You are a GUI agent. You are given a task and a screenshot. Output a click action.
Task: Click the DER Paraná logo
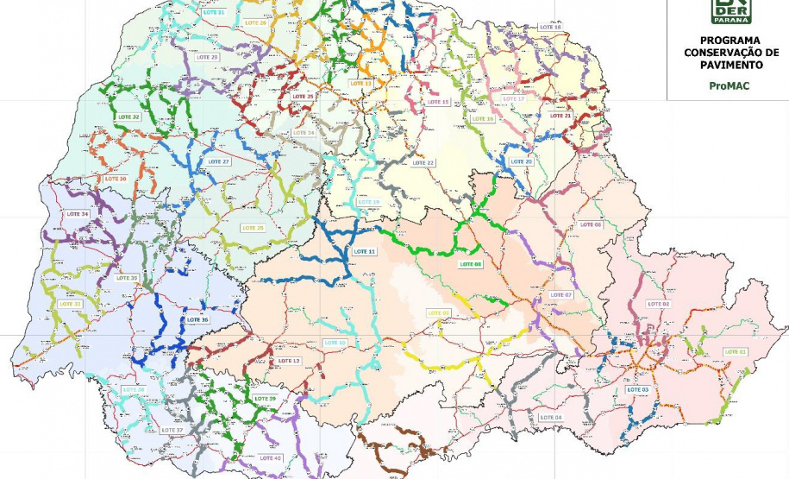[x=730, y=12]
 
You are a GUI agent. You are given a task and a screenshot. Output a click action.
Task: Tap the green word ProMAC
[x=729, y=86]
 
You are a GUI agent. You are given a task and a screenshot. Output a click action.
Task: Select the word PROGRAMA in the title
[x=730, y=41]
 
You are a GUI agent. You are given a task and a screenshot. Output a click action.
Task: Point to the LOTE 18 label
[x=550, y=28]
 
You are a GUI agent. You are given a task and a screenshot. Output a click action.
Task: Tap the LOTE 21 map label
[x=560, y=116]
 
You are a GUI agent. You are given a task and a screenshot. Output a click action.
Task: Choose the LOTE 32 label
[x=128, y=117]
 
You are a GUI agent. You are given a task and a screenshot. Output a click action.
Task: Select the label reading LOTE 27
[x=219, y=162]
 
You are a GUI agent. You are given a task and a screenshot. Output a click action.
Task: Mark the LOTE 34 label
[x=78, y=214]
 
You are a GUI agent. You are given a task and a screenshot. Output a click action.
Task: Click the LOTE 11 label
[x=365, y=251]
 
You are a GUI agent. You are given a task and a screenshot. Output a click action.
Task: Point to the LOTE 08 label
[x=471, y=264]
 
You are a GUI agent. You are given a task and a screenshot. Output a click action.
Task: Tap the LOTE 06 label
[x=591, y=224]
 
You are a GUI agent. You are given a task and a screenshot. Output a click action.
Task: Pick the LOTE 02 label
[x=659, y=304]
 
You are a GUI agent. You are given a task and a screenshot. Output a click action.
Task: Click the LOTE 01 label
[x=735, y=351]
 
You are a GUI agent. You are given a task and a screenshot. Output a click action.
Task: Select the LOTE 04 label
[x=550, y=418]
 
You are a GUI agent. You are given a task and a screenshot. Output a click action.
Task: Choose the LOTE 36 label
[x=197, y=319]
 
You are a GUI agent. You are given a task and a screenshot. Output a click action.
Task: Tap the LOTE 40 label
[x=271, y=458]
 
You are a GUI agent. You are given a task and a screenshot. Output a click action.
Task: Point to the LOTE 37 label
[x=172, y=430]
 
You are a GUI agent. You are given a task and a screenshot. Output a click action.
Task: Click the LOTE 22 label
[x=423, y=163]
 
